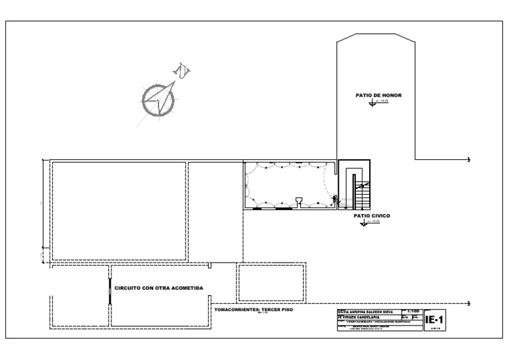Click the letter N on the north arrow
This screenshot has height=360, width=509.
tap(181, 71)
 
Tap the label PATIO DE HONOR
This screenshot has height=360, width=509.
tap(377, 95)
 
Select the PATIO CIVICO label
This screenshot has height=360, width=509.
tap(371, 216)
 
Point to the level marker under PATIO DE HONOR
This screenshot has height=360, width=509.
tap(372, 104)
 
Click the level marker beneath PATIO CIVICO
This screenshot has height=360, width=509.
tap(363, 223)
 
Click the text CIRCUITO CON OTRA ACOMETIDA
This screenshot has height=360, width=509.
tap(158, 288)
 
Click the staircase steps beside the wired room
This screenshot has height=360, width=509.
tap(361, 195)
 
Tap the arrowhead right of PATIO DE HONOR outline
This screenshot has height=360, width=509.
tap(469, 160)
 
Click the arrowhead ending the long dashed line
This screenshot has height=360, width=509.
tap(469, 303)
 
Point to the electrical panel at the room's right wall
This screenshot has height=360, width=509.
tap(335, 197)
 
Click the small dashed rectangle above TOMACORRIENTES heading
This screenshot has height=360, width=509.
tap(271, 283)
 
